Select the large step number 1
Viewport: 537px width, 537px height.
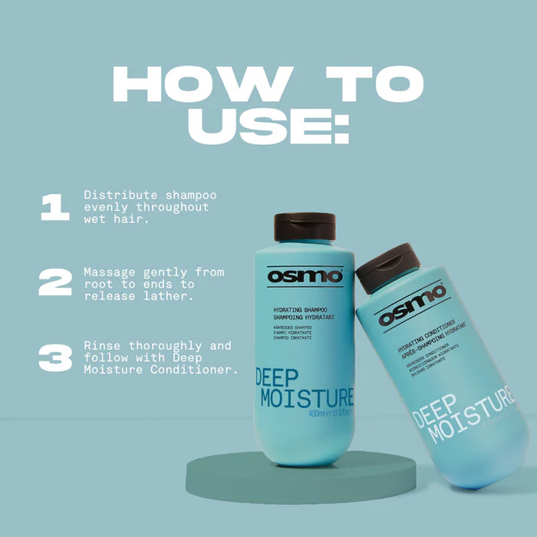click(54, 207)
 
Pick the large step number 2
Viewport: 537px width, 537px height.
click(55, 282)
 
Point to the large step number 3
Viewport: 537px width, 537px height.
click(54, 357)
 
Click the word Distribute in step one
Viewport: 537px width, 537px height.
click(115, 195)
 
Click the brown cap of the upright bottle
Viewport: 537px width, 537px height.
click(305, 227)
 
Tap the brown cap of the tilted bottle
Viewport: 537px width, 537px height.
click(388, 265)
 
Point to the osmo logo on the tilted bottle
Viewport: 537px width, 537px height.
click(412, 304)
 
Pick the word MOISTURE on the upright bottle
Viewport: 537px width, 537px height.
click(306, 398)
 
